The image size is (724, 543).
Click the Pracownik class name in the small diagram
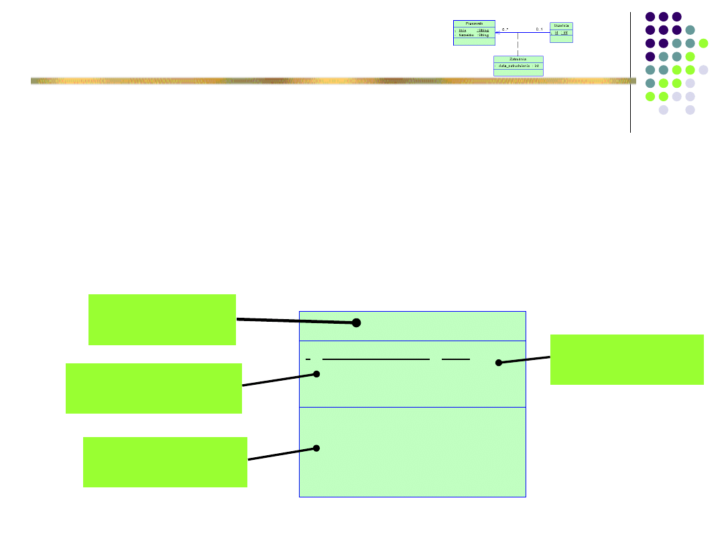click(474, 23)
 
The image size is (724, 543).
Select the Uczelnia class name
click(561, 25)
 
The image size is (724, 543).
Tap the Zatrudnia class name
click(518, 59)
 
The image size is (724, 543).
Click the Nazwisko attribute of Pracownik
click(467, 34)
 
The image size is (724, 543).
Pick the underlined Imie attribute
click(463, 29)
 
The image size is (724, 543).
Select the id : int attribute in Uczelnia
click(561, 32)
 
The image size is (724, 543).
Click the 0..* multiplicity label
click(505, 29)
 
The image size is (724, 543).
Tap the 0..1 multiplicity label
click(540, 29)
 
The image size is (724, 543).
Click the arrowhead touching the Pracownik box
click(498, 32)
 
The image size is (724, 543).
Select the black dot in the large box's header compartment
click(357, 322)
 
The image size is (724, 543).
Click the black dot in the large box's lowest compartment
click(316, 448)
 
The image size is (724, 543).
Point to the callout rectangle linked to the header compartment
click(162, 320)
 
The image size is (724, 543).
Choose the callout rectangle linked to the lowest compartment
click(165, 462)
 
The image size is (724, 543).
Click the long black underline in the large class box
click(375, 360)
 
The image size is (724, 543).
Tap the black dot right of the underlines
click(498, 363)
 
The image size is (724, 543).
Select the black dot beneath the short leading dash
click(316, 374)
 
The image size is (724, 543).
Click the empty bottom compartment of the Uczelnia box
click(561, 39)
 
